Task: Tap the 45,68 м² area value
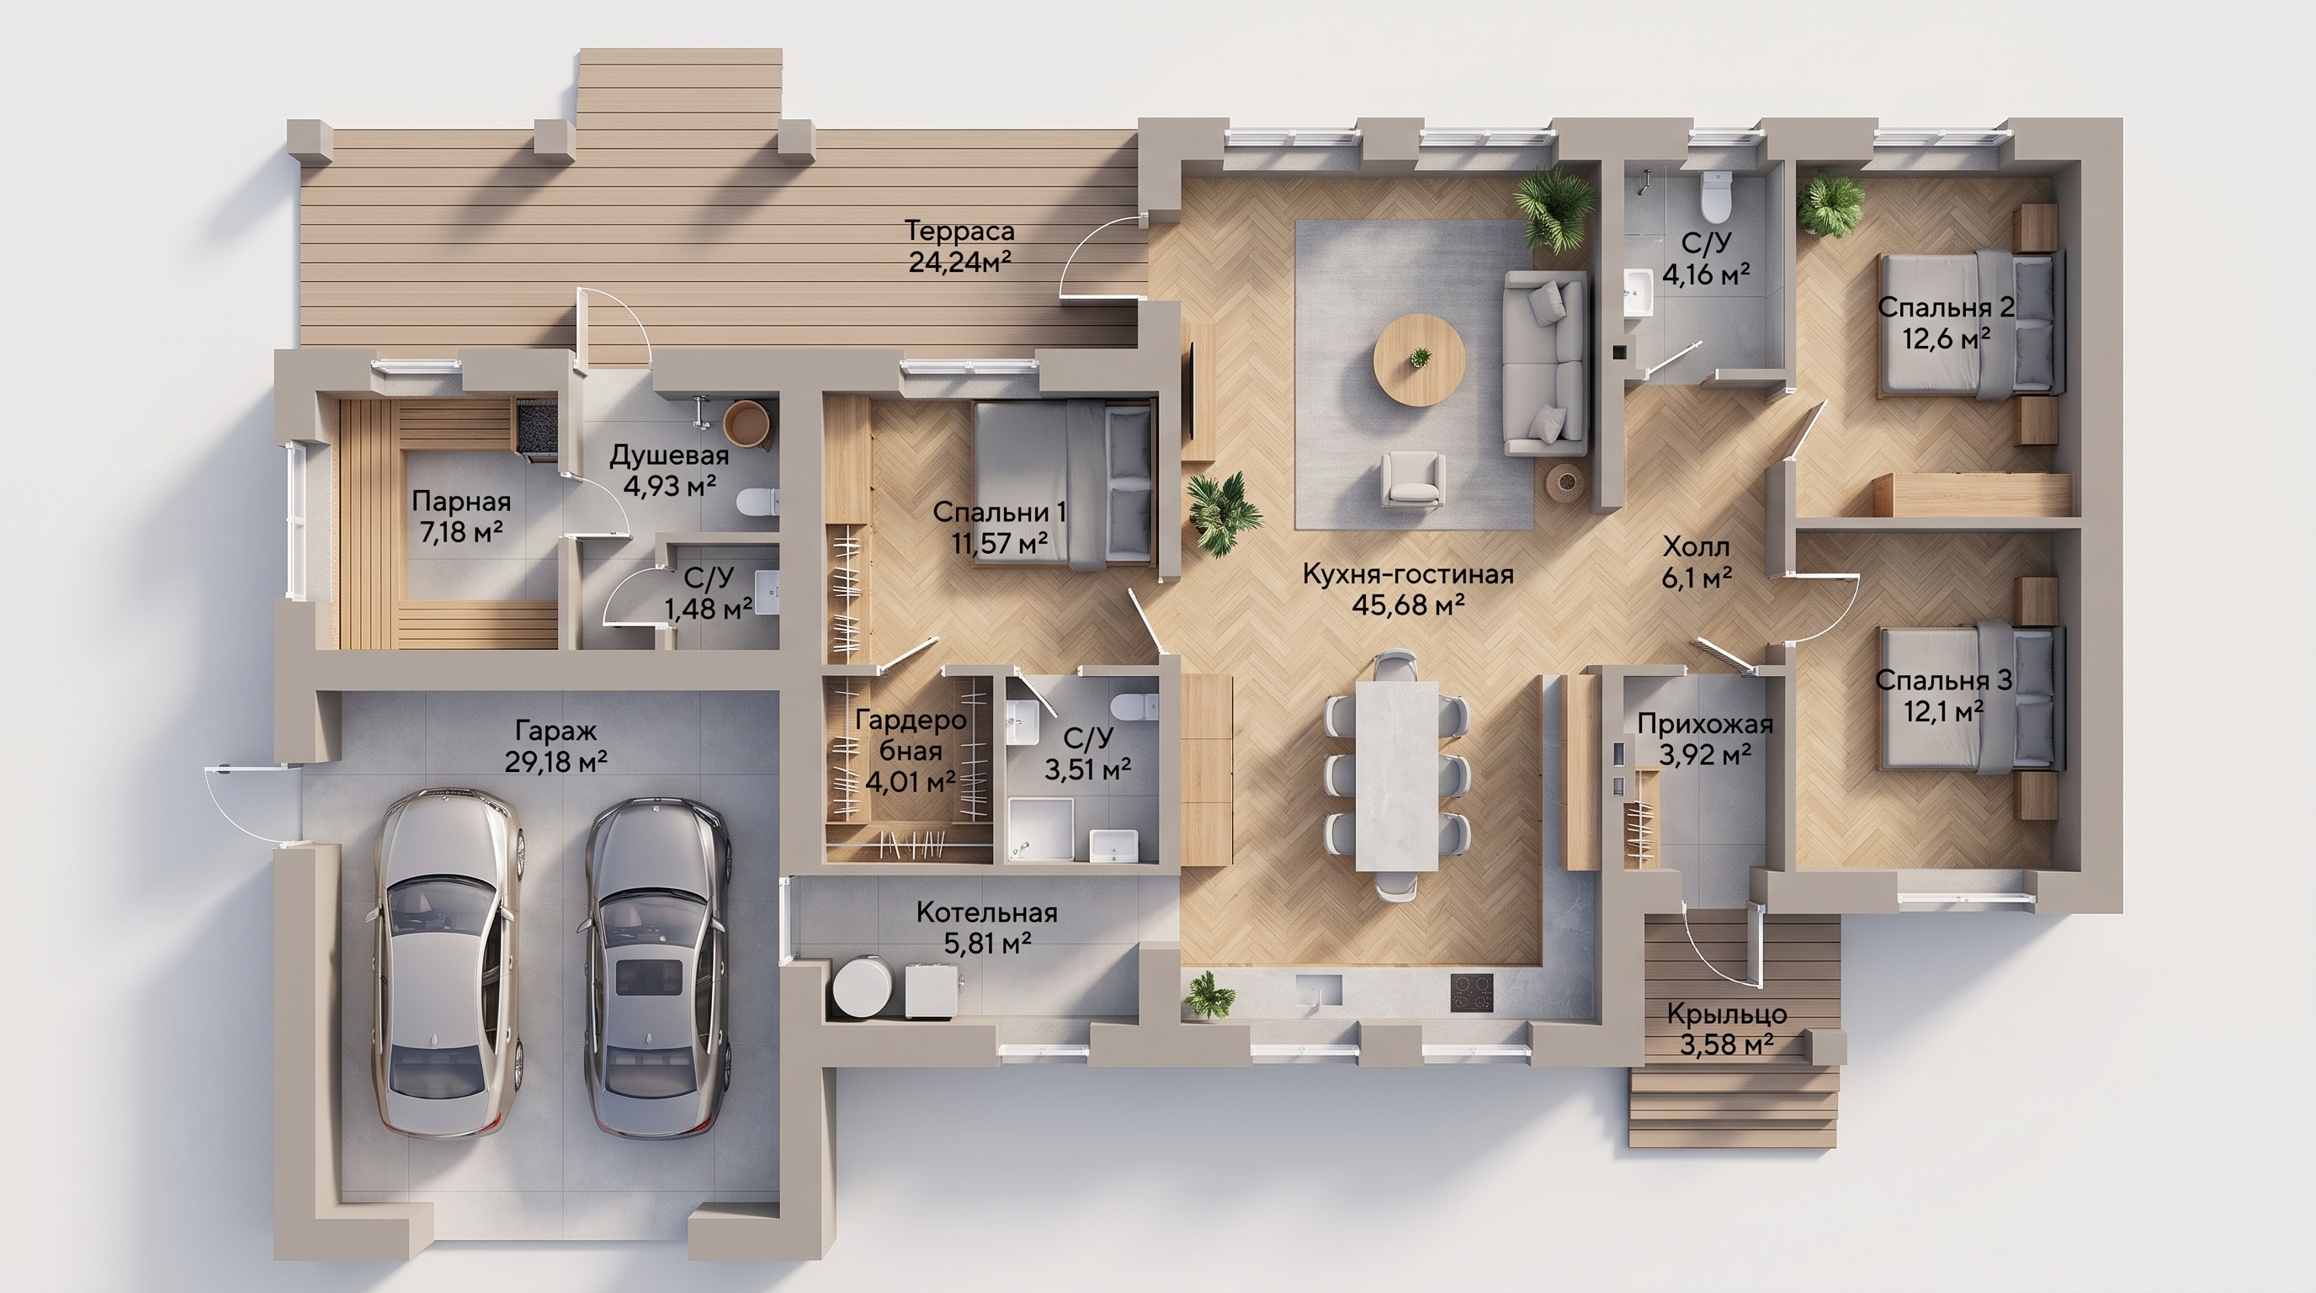coord(1408,605)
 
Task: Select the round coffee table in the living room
coord(1420,359)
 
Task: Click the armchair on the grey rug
coord(1414,479)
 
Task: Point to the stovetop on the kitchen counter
coord(1472,991)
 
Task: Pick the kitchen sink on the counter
coord(1318,990)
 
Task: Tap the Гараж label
coord(555,731)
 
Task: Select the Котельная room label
coord(986,913)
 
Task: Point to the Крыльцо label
coord(1727,1015)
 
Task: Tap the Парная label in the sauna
coord(461,500)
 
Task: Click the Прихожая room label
coord(1705,724)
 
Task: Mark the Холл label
coord(1696,545)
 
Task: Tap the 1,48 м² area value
coord(709,609)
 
